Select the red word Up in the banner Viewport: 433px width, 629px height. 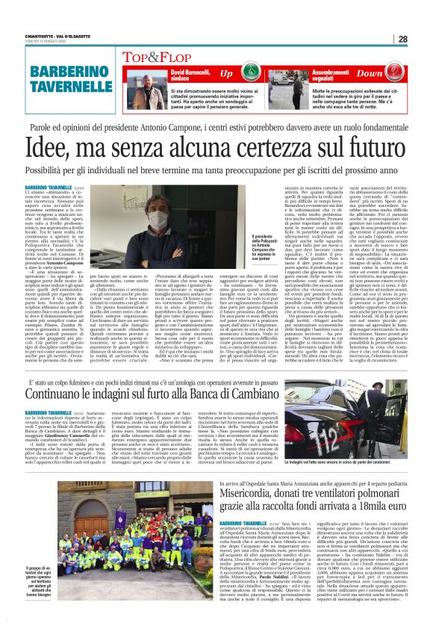point(225,74)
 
